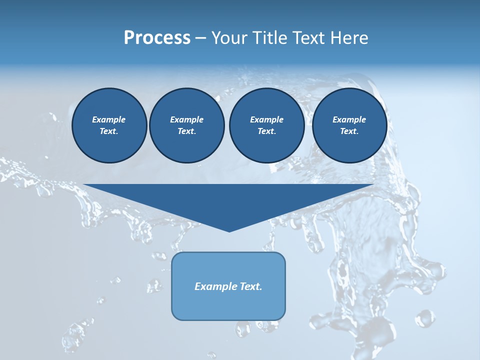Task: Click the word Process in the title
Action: coord(157,38)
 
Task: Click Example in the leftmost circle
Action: coord(109,119)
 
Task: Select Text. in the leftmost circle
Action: coord(109,131)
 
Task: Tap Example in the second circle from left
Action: coord(186,119)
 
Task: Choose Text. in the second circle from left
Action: coord(186,131)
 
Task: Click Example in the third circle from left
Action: coord(266,119)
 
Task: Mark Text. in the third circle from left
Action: coord(266,131)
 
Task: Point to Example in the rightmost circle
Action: coord(349,119)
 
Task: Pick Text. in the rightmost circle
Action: coord(349,131)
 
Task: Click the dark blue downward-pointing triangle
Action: coord(228,200)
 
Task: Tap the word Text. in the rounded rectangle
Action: coord(251,286)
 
